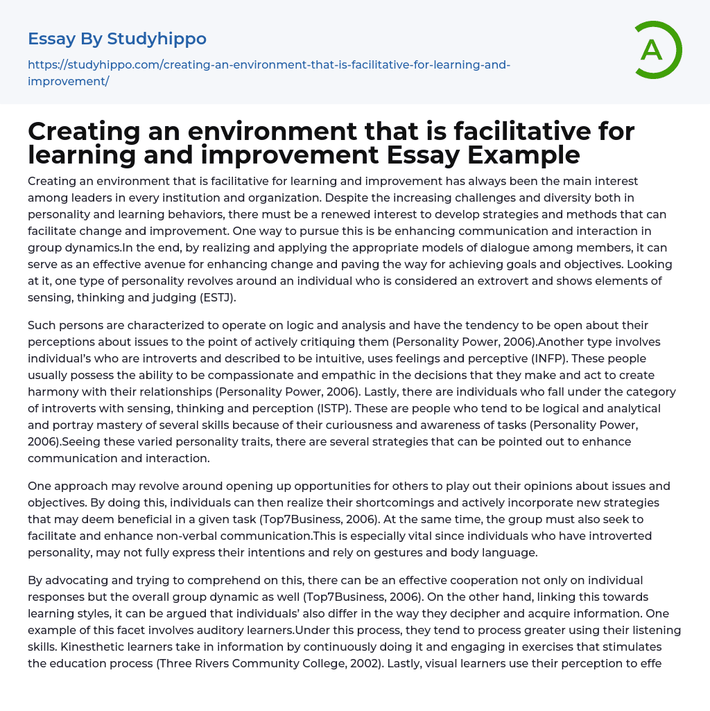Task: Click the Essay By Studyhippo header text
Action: (x=117, y=38)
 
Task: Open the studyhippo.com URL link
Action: (x=269, y=73)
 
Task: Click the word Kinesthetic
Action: (x=60, y=647)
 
